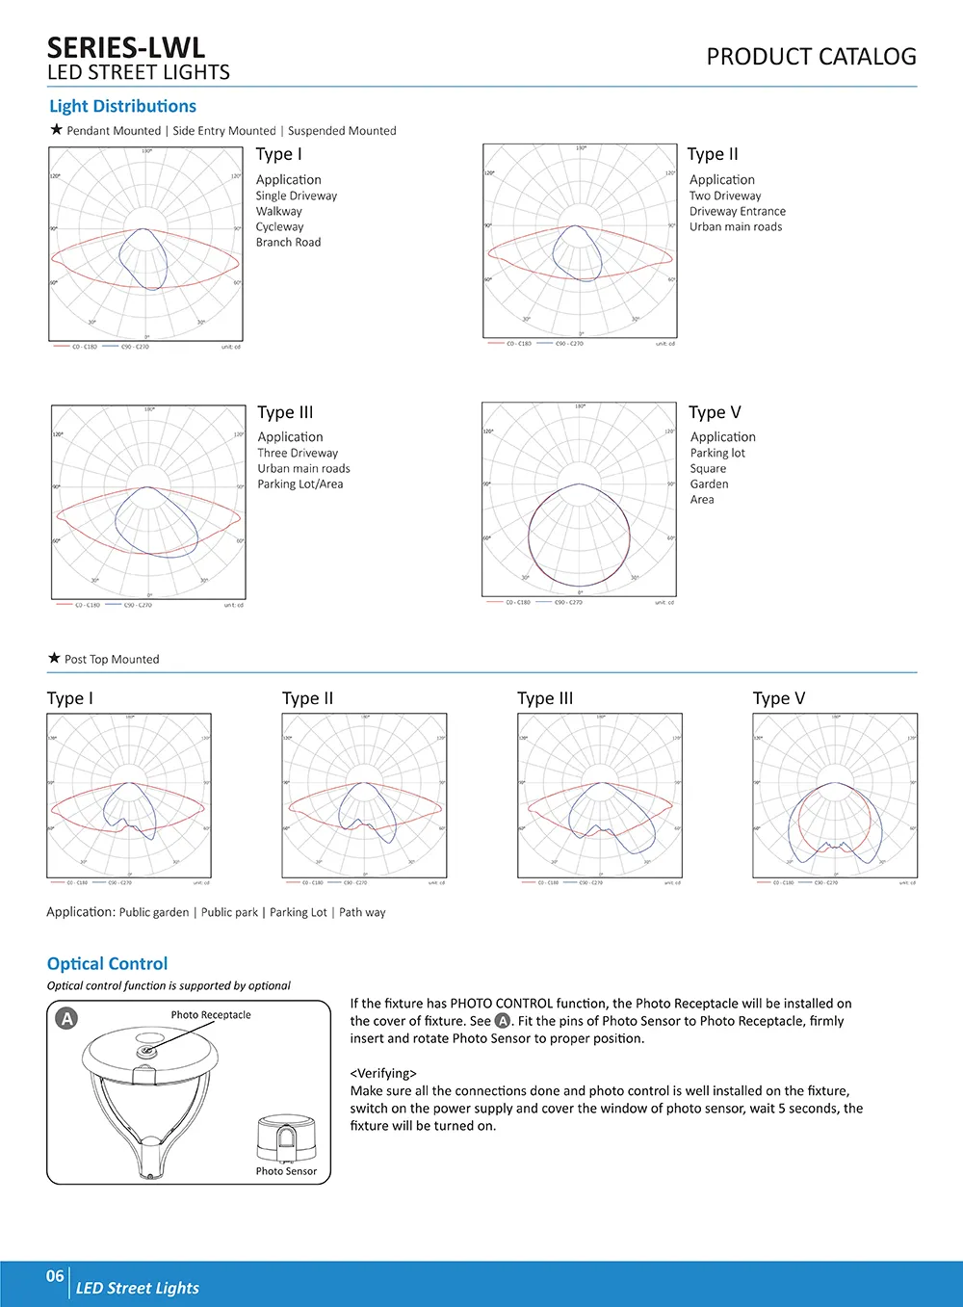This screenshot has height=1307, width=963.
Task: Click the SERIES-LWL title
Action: [126, 48]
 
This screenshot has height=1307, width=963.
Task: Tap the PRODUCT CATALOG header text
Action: [811, 57]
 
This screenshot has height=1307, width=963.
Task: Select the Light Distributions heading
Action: [122, 106]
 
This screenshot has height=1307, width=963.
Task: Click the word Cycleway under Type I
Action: [279, 226]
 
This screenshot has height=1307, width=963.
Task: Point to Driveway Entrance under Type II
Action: [737, 211]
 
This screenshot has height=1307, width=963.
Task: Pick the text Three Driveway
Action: [298, 453]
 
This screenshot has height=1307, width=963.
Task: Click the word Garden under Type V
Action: [709, 484]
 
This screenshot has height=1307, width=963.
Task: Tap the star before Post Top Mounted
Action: [54, 658]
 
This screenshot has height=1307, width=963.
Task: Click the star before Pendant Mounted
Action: [56, 129]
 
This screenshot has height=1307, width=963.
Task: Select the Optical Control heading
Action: [107, 963]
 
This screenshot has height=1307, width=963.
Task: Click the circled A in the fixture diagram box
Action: [66, 1018]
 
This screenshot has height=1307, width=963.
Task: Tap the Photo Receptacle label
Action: [211, 1014]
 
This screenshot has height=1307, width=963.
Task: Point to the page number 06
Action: [55, 1276]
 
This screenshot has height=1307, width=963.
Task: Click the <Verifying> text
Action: [383, 1073]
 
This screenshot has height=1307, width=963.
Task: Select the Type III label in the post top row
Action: [545, 698]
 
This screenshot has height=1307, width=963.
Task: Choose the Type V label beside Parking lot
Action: [715, 412]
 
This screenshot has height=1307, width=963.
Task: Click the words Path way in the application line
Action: [362, 912]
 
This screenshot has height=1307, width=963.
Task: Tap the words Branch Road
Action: [288, 242]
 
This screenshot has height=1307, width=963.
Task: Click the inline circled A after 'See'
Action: [503, 1021]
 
